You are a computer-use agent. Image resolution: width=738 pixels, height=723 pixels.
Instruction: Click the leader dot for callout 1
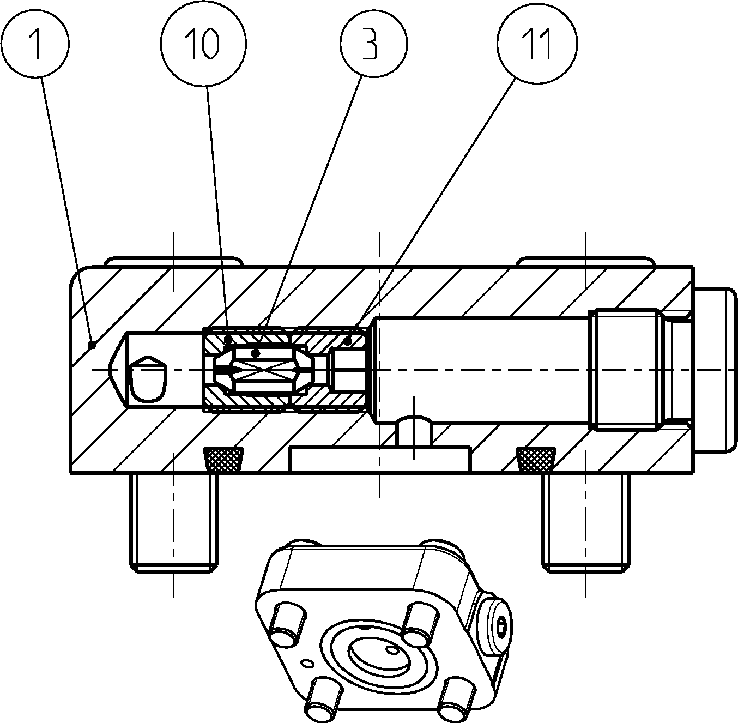(x=92, y=345)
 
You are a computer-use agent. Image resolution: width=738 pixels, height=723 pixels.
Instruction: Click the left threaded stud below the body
(x=174, y=523)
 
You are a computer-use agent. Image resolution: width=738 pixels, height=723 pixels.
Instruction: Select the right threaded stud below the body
(x=585, y=523)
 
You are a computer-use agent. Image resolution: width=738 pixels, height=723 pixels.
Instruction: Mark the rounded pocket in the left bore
(x=148, y=379)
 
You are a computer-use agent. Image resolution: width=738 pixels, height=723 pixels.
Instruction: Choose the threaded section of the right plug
(x=627, y=370)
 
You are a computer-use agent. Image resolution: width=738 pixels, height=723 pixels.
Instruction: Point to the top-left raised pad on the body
(x=174, y=261)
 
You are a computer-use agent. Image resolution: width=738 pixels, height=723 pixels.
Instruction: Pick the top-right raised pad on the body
(x=585, y=261)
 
